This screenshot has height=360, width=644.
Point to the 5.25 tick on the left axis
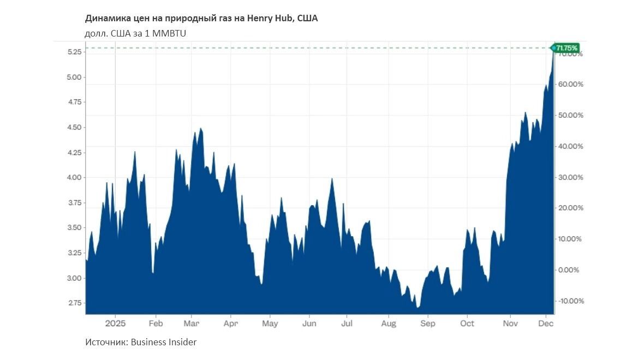(x=74, y=52)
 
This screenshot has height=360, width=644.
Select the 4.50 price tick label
(x=74, y=127)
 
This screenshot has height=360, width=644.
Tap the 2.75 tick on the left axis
(x=74, y=303)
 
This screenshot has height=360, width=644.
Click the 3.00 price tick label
(x=74, y=278)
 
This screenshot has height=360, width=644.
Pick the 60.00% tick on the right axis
(x=570, y=85)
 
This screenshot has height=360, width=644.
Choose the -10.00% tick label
(x=569, y=301)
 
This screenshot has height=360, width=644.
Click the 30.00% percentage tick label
(x=570, y=177)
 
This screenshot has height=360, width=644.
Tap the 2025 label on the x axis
(x=115, y=323)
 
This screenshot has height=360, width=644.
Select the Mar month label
(x=192, y=323)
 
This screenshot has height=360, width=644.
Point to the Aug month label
(x=388, y=323)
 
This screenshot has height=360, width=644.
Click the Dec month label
(x=546, y=323)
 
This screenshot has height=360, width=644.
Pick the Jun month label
(x=309, y=323)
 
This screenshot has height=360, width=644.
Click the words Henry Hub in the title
(x=270, y=19)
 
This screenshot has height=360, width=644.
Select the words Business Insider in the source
(x=163, y=342)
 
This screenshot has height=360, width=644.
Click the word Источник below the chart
(x=105, y=342)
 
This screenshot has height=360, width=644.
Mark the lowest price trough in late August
(x=418, y=308)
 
